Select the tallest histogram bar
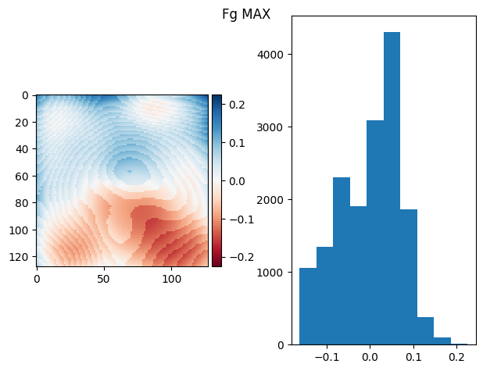click(392, 187)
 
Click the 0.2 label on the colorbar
click(237, 105)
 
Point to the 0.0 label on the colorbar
click(237, 181)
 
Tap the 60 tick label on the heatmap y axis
click(23, 176)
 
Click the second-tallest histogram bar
click(374, 232)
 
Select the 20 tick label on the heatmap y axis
click(23, 122)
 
